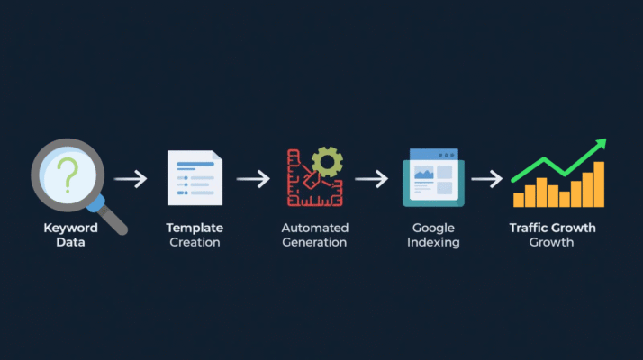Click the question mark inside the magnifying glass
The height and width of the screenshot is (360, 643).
66,171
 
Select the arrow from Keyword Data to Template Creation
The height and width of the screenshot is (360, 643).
131,178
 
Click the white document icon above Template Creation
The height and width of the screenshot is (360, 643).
194,178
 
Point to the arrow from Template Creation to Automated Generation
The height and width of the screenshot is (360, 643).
253,178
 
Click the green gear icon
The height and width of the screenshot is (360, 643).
327,162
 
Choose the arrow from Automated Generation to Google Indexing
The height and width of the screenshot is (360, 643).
371,178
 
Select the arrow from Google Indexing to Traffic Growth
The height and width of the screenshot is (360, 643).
486,178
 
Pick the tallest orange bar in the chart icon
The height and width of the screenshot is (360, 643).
599,184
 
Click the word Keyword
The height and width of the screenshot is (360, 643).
70,229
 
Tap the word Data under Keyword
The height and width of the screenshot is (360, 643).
70,243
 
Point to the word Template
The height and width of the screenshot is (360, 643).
195,229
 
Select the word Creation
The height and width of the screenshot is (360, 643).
195,243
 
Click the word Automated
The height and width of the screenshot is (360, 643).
314,229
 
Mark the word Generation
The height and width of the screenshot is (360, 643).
314,243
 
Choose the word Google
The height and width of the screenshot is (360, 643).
433,229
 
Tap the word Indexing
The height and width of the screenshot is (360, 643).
433,243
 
